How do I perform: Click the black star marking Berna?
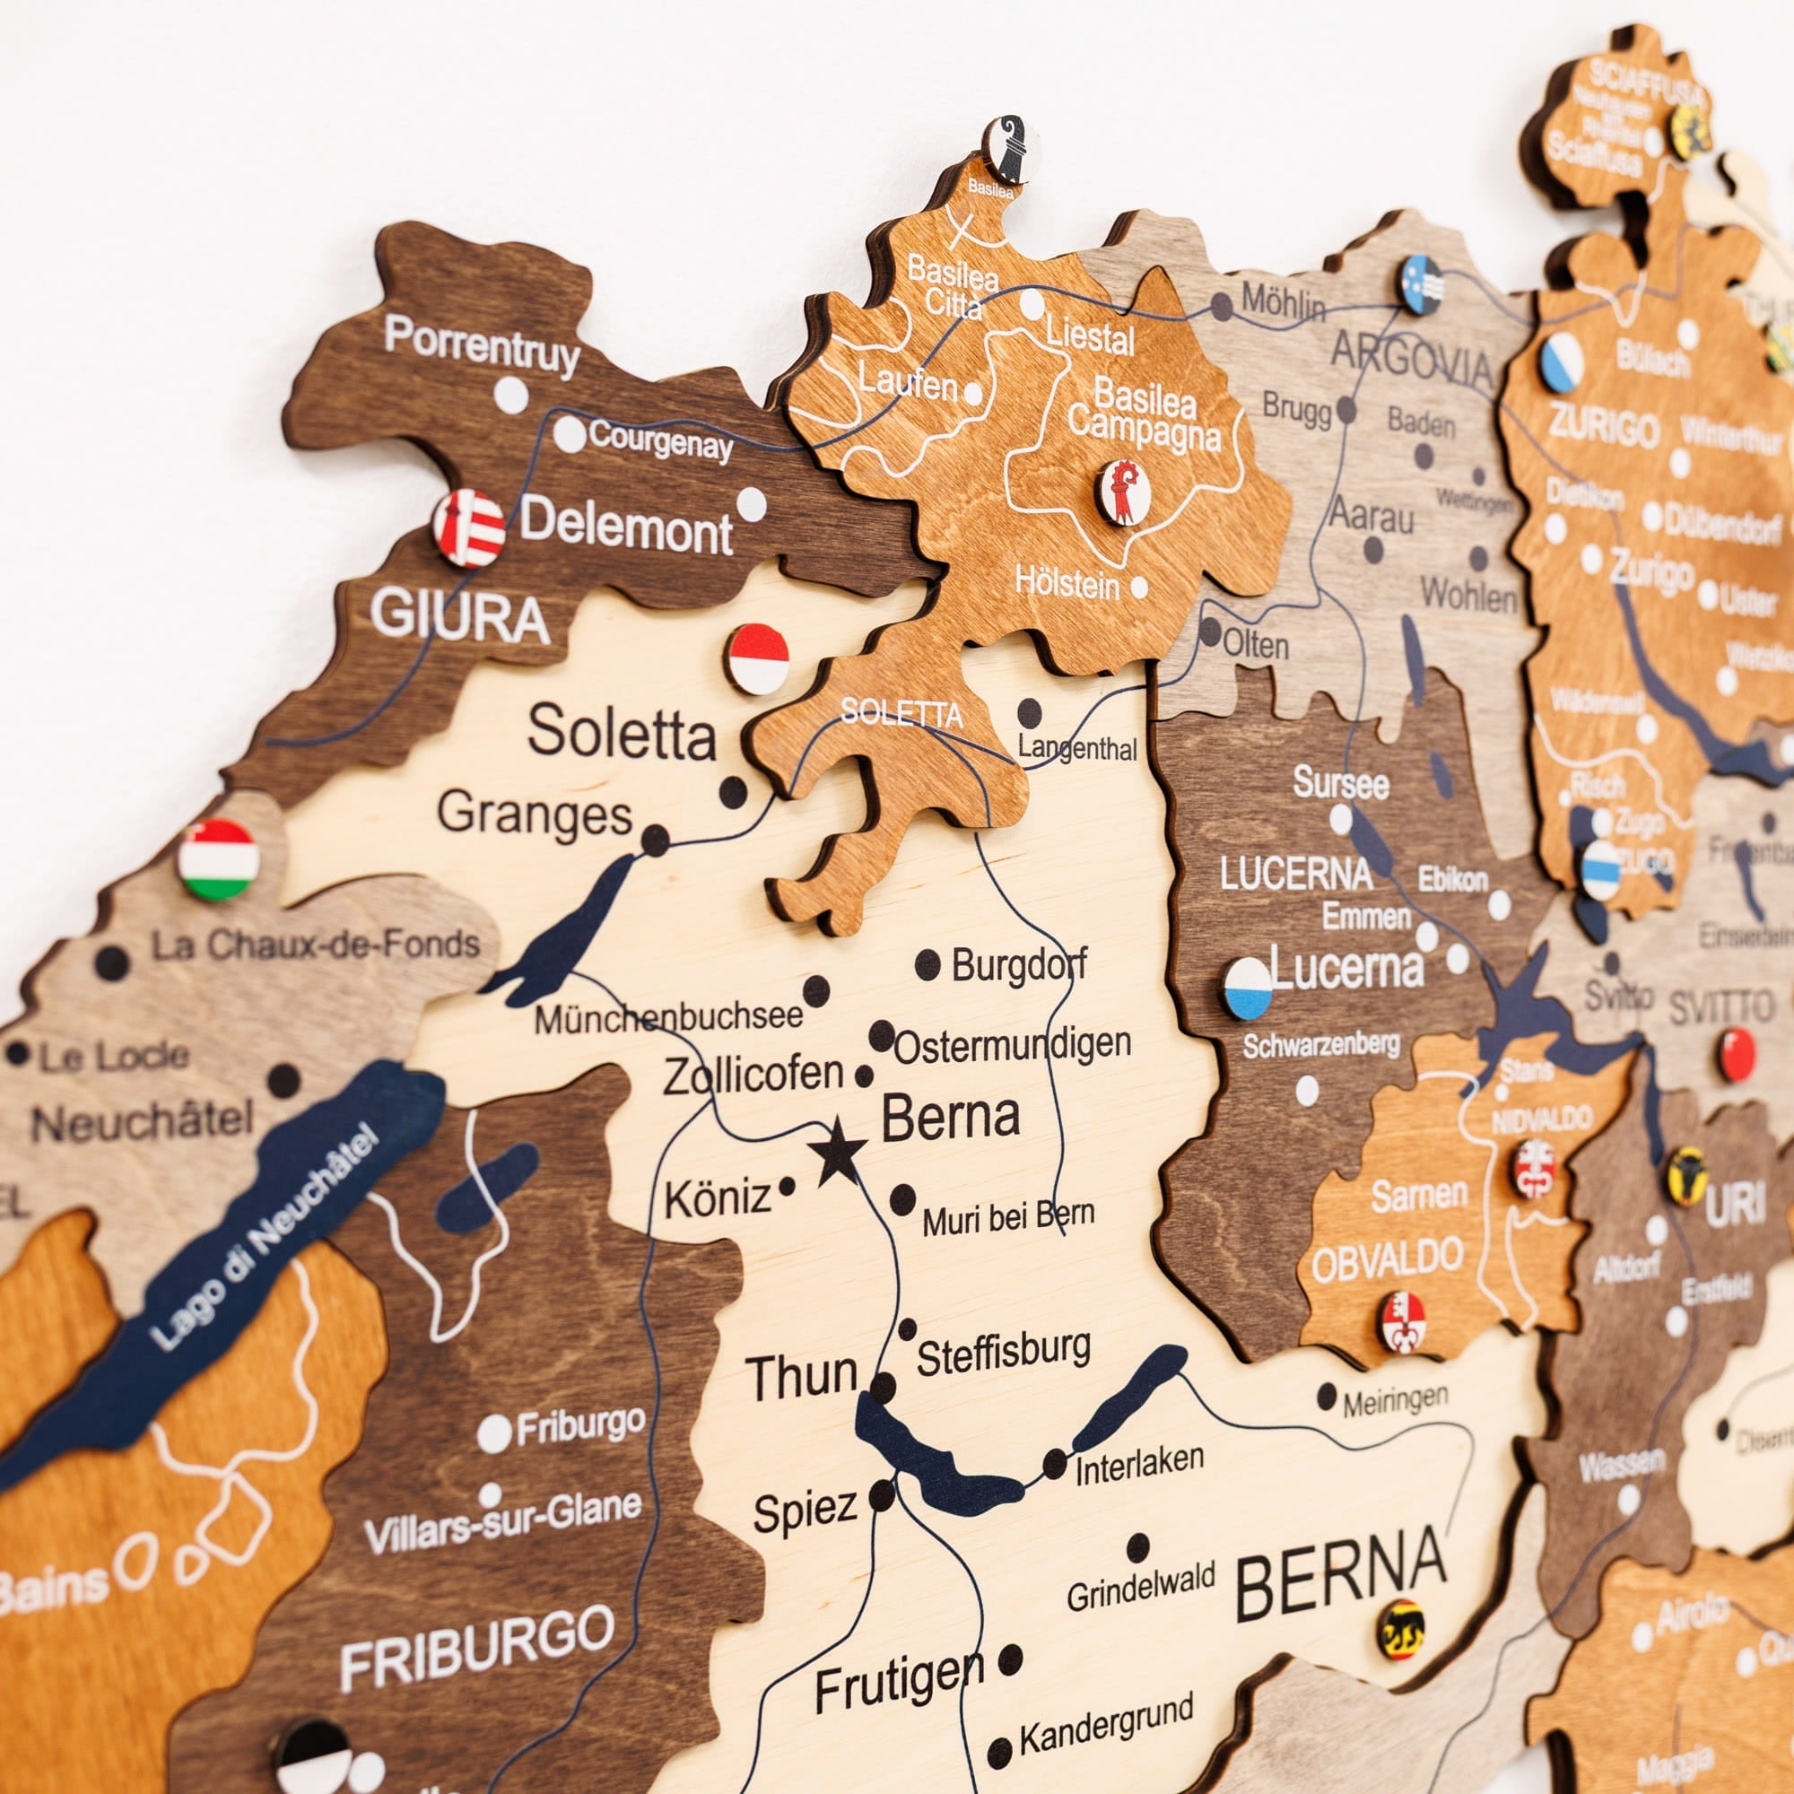pos(838,1152)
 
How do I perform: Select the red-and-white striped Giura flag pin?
pos(469,528)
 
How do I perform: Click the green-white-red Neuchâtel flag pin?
pos(218,860)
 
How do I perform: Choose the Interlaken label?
pos(1139,1466)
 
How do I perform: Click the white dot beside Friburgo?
pos(494,1433)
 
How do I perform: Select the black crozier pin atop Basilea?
pos(1010,149)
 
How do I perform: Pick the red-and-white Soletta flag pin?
pos(758,658)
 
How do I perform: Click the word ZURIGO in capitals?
pos(1603,428)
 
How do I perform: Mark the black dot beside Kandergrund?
pos(999,1752)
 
